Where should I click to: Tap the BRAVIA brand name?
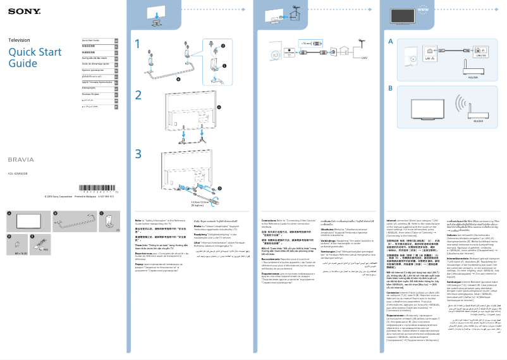point(20,159)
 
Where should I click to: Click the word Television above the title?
point(19,40)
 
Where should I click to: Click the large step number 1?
point(138,44)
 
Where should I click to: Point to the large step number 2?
point(138,95)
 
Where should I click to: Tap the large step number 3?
point(138,153)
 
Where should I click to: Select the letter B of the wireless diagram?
point(390,89)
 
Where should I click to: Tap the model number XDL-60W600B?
point(18,174)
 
